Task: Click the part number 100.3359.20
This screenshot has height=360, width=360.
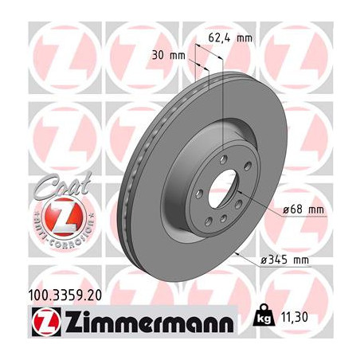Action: click(69, 295)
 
